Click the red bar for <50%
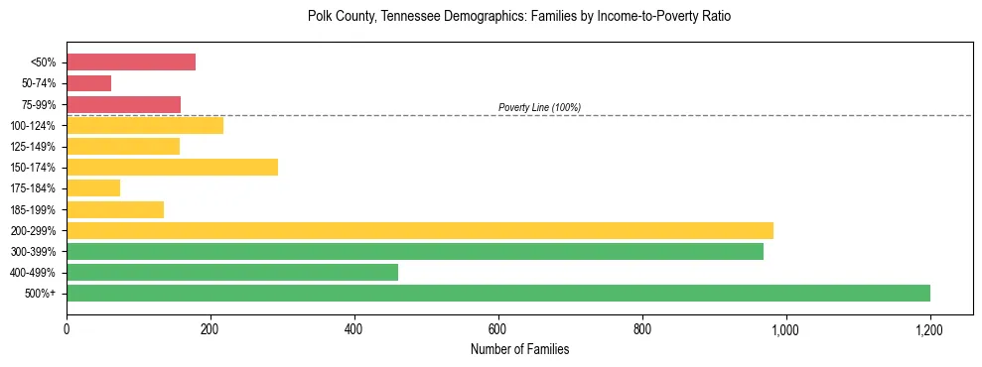[x=131, y=62]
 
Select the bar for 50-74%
[x=88, y=83]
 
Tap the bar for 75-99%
[x=123, y=104]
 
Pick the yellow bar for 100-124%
[x=145, y=125]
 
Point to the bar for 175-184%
[x=93, y=187]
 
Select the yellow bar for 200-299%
[x=420, y=230]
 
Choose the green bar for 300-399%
[x=415, y=251]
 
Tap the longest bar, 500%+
[x=498, y=293]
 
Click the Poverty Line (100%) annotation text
[x=539, y=107]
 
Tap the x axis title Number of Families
[x=519, y=349]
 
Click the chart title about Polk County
[x=519, y=17]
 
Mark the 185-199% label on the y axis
[x=33, y=209]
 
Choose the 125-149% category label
[x=33, y=147]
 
